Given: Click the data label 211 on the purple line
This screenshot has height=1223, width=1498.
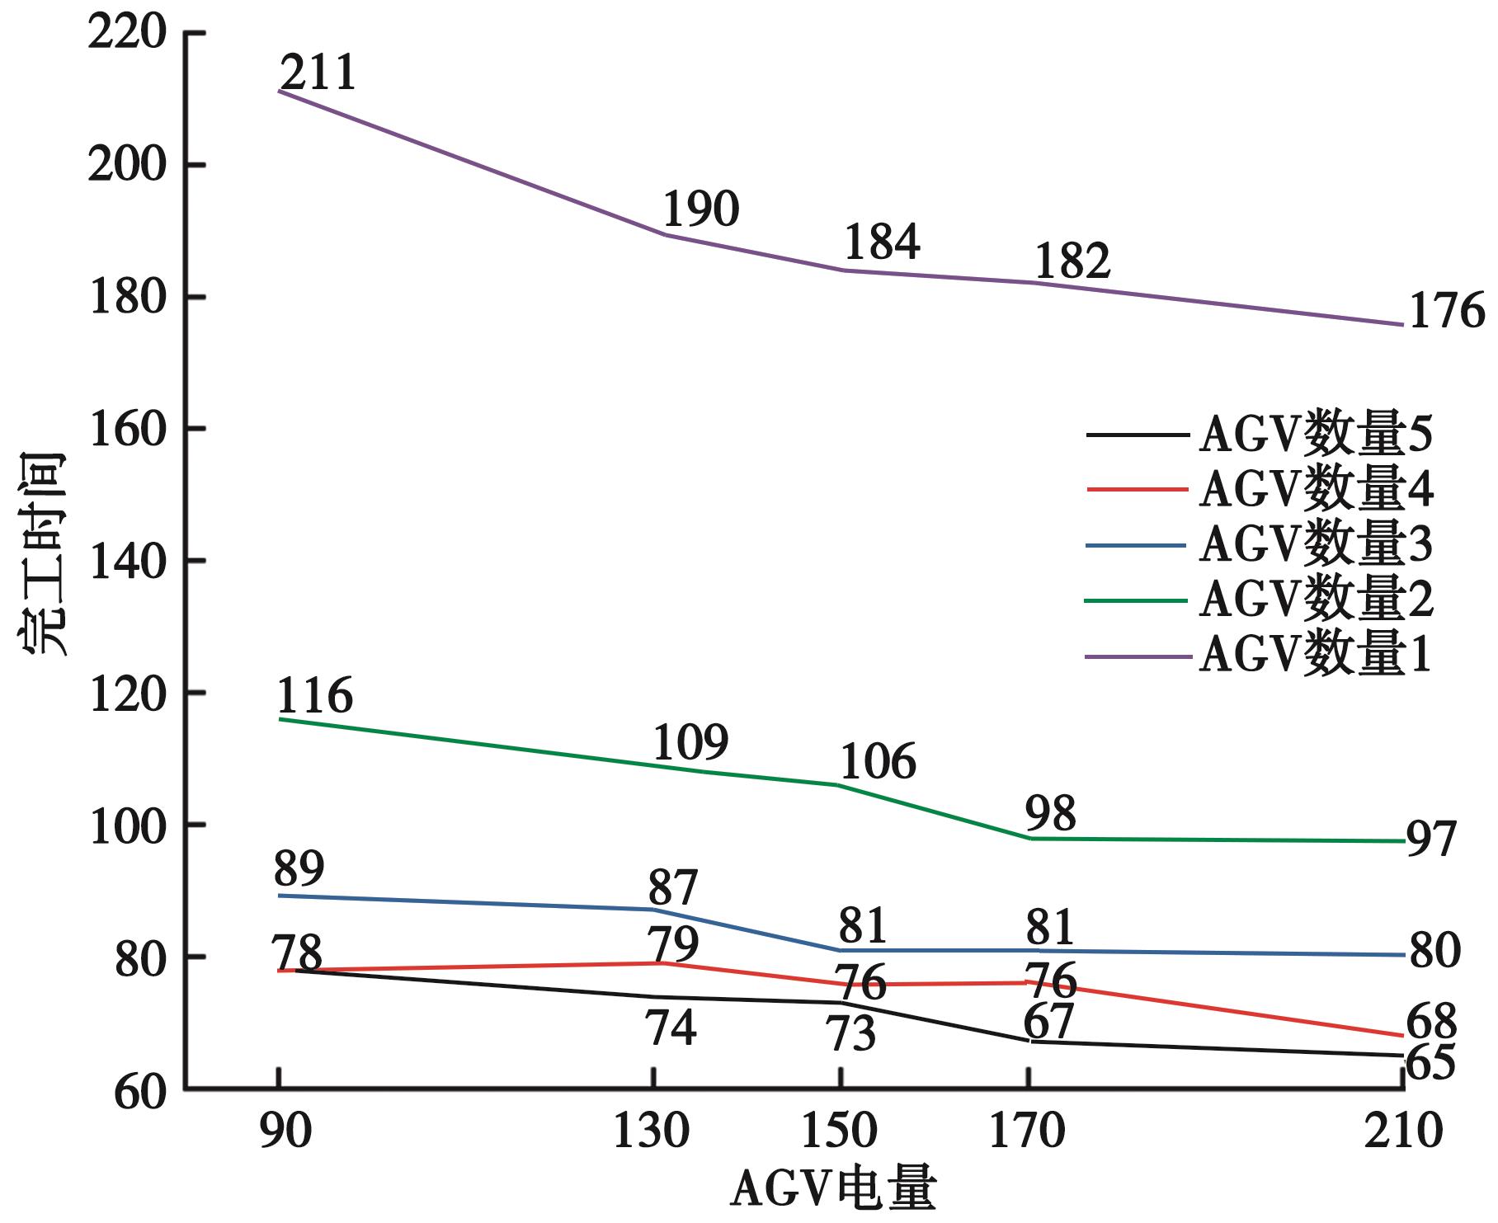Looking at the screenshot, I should [x=318, y=73].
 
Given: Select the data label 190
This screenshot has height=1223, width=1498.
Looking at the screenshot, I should [x=700, y=209].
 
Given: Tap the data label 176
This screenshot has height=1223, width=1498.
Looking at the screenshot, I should [x=1445, y=312].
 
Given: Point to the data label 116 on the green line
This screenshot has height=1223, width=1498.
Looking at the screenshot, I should [x=314, y=695].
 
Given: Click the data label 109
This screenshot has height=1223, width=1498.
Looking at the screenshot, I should [x=690, y=742].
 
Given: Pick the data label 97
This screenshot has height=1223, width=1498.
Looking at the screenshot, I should [x=1431, y=840].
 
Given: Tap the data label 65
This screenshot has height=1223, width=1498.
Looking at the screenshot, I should [x=1430, y=1062].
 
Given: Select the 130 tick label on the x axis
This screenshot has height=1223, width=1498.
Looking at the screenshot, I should [x=651, y=1131].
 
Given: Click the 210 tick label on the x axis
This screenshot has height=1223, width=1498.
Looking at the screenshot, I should [x=1404, y=1131].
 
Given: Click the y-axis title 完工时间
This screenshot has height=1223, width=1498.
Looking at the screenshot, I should [x=43, y=554].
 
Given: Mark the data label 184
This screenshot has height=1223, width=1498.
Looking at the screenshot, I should [x=881, y=242].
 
